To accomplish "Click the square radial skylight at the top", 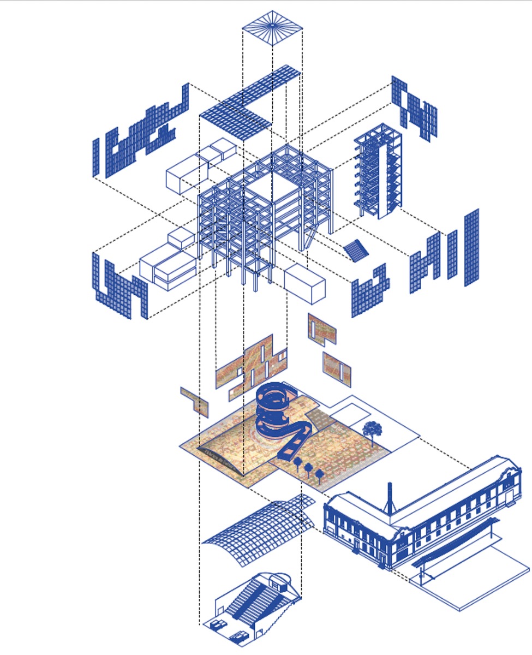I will click(x=272, y=27).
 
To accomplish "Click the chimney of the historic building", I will click(x=390, y=497).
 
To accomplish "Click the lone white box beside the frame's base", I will click(x=304, y=284).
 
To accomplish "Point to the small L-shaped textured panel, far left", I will click(x=195, y=401).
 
